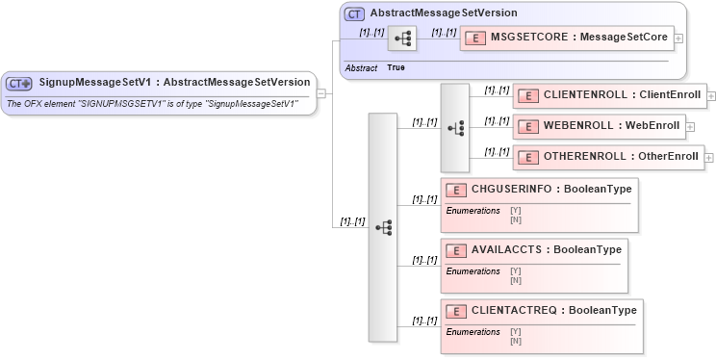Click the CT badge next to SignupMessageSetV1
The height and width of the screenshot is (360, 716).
(x=20, y=83)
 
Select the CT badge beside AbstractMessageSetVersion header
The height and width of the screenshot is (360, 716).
(x=354, y=13)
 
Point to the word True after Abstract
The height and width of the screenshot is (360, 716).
(x=396, y=68)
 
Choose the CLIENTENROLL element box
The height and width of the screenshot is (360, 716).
(x=609, y=95)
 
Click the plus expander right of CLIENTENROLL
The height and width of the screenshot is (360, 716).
(x=711, y=96)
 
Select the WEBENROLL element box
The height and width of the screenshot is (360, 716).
(x=599, y=126)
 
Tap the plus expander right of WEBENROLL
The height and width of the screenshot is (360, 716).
(x=690, y=126)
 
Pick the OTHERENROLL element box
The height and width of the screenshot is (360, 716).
(x=608, y=157)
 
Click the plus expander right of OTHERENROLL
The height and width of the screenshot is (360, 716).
(x=709, y=158)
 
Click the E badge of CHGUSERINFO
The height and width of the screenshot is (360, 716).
(x=456, y=191)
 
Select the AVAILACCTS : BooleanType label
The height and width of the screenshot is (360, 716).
(x=546, y=250)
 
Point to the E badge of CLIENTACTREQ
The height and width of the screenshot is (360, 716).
(x=456, y=312)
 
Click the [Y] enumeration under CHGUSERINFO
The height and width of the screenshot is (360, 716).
(x=516, y=211)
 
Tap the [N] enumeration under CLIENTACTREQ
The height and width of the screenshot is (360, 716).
(x=516, y=341)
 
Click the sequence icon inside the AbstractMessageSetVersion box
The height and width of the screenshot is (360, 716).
(x=402, y=39)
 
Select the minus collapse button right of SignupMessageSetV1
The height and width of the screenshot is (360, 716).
(x=321, y=93)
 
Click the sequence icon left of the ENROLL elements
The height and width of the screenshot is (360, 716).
(x=455, y=127)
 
